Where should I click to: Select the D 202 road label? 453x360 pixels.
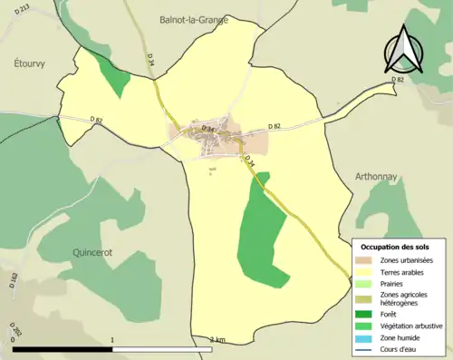tap(11, 327)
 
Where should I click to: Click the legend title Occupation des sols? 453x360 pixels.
tap(396, 247)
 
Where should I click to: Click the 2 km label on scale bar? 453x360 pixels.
tap(217, 340)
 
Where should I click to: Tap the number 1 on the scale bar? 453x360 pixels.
tap(112, 340)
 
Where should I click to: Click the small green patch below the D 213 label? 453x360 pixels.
tap(114, 79)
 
